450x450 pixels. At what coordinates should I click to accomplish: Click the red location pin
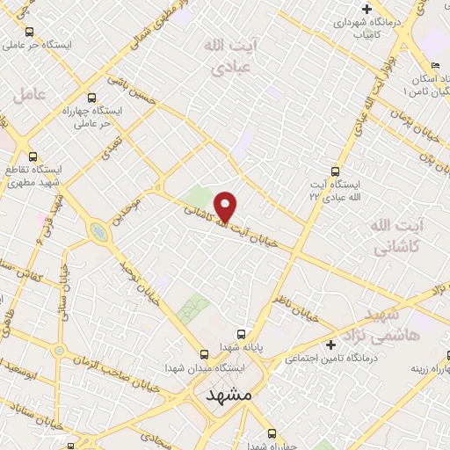(x=226, y=207)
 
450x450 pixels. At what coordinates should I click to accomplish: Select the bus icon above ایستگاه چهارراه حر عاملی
(x=93, y=99)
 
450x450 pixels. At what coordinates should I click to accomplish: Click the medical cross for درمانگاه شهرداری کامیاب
(x=367, y=9)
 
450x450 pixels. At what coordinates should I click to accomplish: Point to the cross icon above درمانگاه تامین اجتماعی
(x=330, y=344)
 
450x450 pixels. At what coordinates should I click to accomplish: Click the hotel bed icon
(x=435, y=66)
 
